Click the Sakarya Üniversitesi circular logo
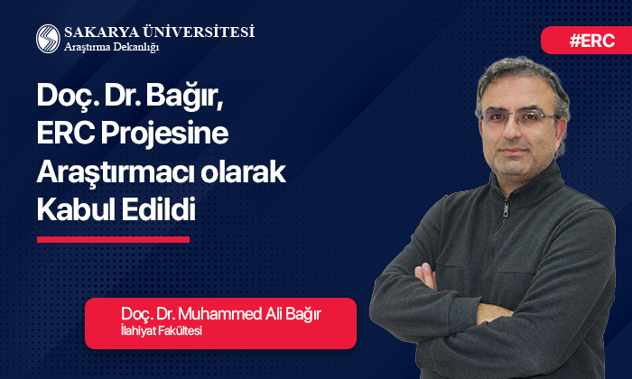[x=48, y=38]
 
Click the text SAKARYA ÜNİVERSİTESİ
[x=159, y=32]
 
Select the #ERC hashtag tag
[x=588, y=41]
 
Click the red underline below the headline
[x=113, y=239]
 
